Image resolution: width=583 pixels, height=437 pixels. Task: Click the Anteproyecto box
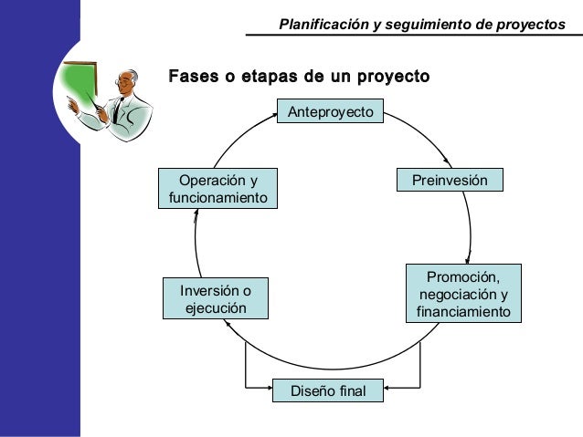(331, 112)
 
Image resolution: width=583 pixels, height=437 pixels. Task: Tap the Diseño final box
(327, 391)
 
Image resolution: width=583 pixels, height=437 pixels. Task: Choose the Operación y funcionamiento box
(217, 189)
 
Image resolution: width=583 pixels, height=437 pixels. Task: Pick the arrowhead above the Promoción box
(469, 255)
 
